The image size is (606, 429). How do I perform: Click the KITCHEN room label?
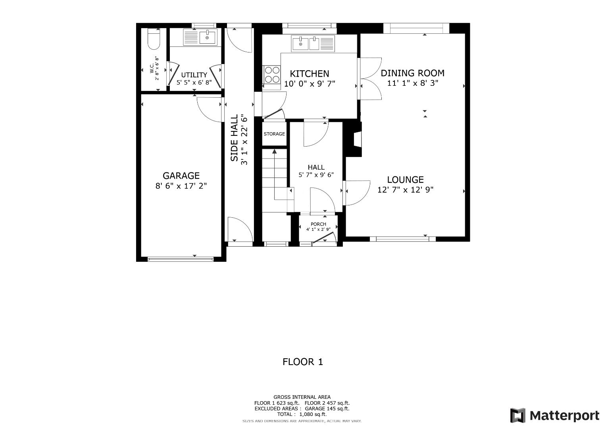click(x=309, y=73)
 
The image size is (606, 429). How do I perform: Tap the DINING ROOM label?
click(x=412, y=73)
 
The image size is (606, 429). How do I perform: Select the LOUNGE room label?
click(x=405, y=180)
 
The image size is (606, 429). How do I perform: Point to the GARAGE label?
click(x=181, y=176)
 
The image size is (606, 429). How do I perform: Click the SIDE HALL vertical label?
click(x=235, y=138)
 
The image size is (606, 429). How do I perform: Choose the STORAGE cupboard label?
click(x=274, y=134)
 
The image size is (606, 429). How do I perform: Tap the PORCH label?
click(x=318, y=224)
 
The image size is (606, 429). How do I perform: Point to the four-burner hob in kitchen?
click(x=271, y=74)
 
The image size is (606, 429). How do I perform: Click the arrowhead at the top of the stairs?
click(x=274, y=151)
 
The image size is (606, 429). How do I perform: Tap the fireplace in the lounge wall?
click(x=357, y=140)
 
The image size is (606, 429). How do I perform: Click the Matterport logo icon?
click(x=518, y=415)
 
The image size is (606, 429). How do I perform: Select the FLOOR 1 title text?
click(x=302, y=361)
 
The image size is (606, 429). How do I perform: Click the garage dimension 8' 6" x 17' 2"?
click(x=181, y=186)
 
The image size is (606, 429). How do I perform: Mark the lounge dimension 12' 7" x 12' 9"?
click(x=405, y=190)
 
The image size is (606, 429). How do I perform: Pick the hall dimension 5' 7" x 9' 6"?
click(x=316, y=175)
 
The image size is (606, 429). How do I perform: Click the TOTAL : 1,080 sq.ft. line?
click(x=302, y=414)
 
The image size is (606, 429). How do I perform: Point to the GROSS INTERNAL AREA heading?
click(x=302, y=397)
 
